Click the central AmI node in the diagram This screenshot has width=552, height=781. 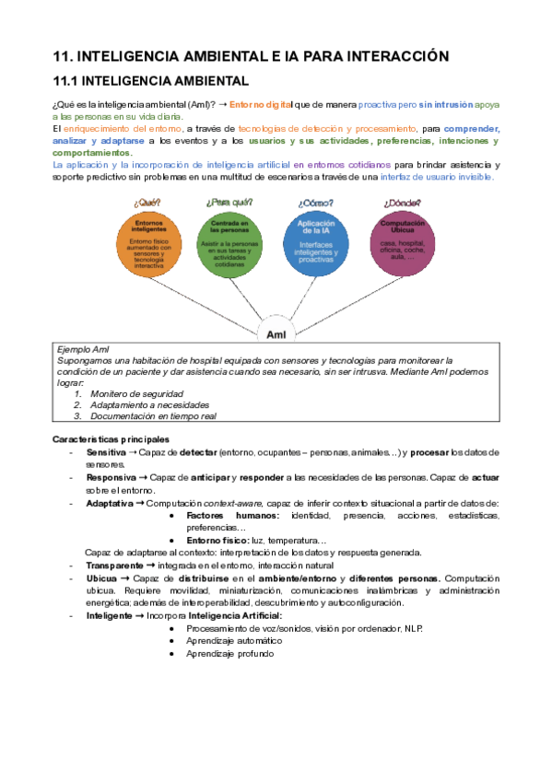click(275, 331)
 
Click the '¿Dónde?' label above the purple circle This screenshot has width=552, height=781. click(399, 202)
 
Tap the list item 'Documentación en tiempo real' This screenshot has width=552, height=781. click(152, 415)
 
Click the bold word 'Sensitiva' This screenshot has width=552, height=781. click(106, 453)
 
